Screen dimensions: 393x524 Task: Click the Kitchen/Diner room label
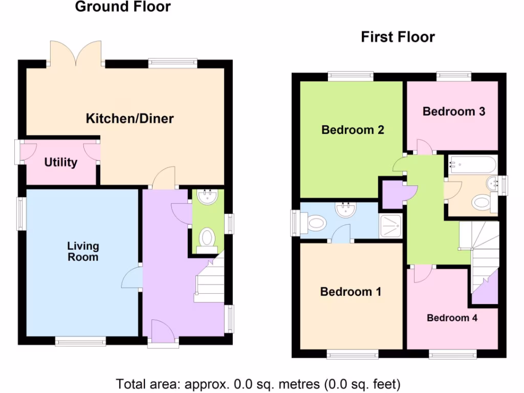tap(129, 119)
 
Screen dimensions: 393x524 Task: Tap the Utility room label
tap(60, 163)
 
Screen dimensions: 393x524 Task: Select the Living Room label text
tap(82, 251)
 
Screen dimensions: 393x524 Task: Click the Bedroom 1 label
tap(351, 292)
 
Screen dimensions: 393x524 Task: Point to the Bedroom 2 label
tap(353, 130)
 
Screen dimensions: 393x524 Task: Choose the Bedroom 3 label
tap(453, 111)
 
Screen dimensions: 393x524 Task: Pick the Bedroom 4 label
tap(452, 318)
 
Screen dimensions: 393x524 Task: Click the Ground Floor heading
tap(123, 7)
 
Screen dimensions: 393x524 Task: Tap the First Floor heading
tap(398, 37)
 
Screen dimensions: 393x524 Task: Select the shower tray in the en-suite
tap(391, 226)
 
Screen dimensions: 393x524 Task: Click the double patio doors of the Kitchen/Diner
tap(76, 54)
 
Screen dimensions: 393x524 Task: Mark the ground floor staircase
tap(210, 281)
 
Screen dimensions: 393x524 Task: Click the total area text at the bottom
tap(258, 383)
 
